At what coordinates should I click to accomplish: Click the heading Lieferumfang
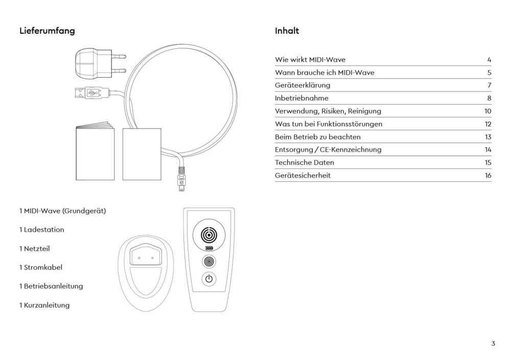coord(47,31)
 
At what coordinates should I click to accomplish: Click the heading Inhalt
coord(287,31)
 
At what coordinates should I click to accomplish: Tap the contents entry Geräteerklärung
coord(303,85)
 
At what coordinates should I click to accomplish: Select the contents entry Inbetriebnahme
coord(301,98)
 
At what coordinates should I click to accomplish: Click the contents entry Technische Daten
coord(305,162)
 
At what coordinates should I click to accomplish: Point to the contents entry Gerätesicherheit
coord(303,175)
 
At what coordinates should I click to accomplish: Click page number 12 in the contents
coord(488,124)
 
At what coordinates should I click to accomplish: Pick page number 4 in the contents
coord(489,60)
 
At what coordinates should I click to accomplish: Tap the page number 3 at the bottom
coord(493,344)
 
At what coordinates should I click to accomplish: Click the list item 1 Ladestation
coord(42,230)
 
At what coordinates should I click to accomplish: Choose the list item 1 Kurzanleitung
coord(44,305)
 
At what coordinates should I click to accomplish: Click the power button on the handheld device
coord(208,279)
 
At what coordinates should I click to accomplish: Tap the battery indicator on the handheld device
coord(208,249)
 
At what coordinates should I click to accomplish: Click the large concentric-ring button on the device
coord(208,234)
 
